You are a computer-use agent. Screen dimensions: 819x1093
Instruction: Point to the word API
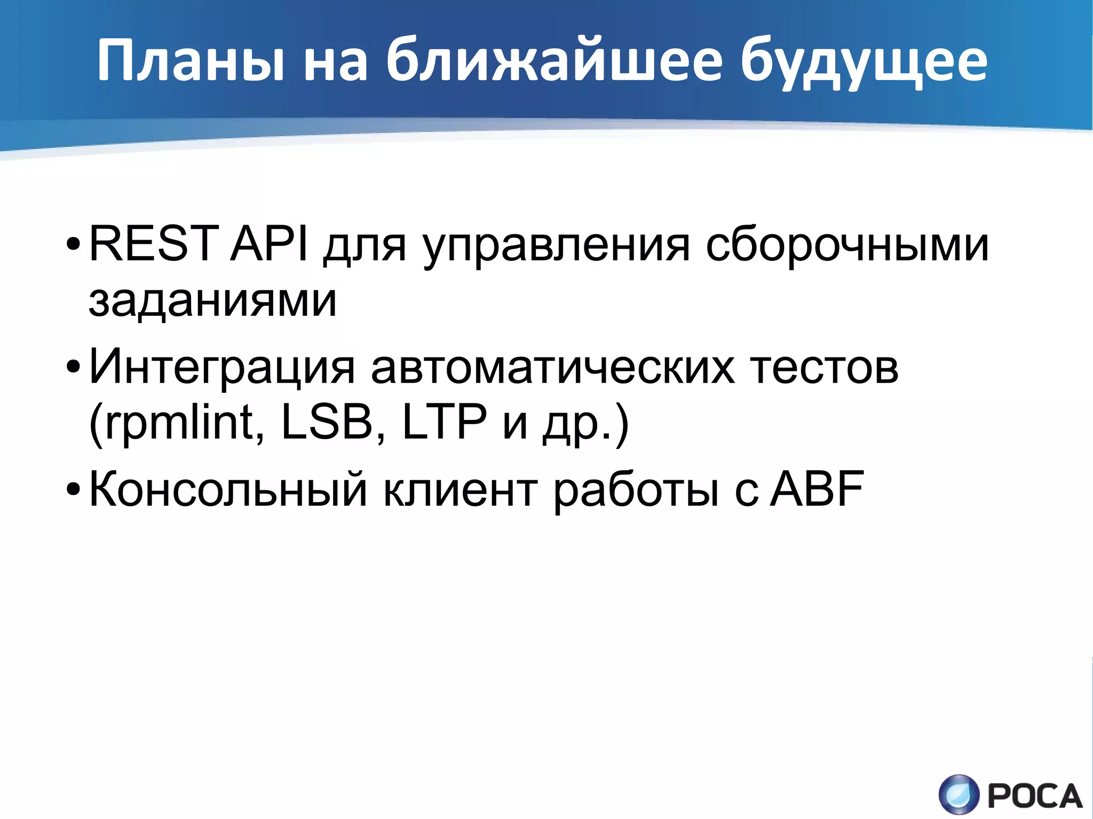(270, 244)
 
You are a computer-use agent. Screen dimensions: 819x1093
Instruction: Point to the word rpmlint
(179, 423)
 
